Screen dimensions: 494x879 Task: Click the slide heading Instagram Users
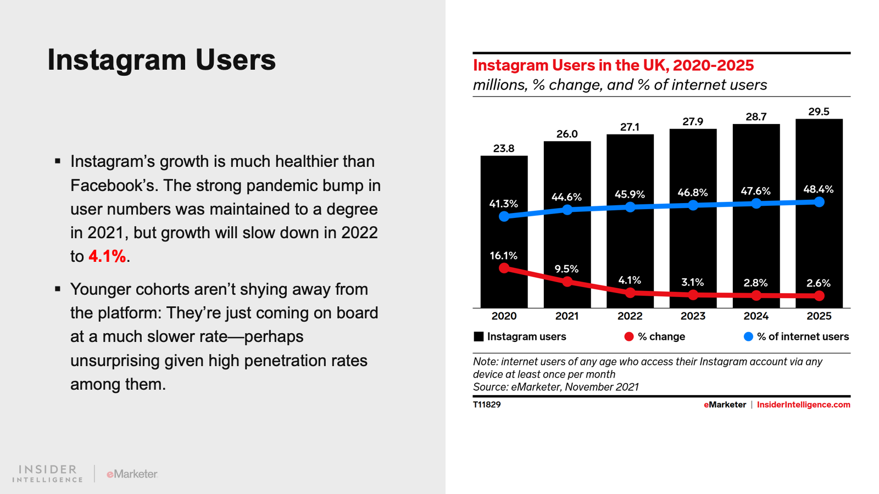click(x=162, y=60)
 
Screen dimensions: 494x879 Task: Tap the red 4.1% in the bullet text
click(x=107, y=256)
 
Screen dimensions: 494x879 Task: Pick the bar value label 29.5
click(x=819, y=111)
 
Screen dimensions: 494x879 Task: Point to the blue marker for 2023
click(x=693, y=205)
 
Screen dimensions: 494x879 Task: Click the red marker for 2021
click(x=568, y=282)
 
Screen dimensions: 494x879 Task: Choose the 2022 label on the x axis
click(x=630, y=316)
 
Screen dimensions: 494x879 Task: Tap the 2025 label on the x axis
click(x=819, y=316)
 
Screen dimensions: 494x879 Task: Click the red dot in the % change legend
click(x=629, y=336)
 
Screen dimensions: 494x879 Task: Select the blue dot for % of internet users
click(x=748, y=336)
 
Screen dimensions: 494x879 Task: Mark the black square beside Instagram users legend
click(x=479, y=336)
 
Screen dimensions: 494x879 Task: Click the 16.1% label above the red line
click(x=503, y=256)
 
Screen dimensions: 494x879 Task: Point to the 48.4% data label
click(x=818, y=189)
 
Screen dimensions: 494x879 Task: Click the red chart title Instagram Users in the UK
click(x=613, y=65)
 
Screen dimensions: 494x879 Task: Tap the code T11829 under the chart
click(x=487, y=405)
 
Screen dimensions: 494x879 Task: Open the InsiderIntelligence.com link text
click(x=803, y=405)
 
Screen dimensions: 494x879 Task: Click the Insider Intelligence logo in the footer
click(x=48, y=473)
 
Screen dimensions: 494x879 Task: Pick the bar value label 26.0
click(x=567, y=134)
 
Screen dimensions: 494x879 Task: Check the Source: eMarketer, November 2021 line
click(x=556, y=387)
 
